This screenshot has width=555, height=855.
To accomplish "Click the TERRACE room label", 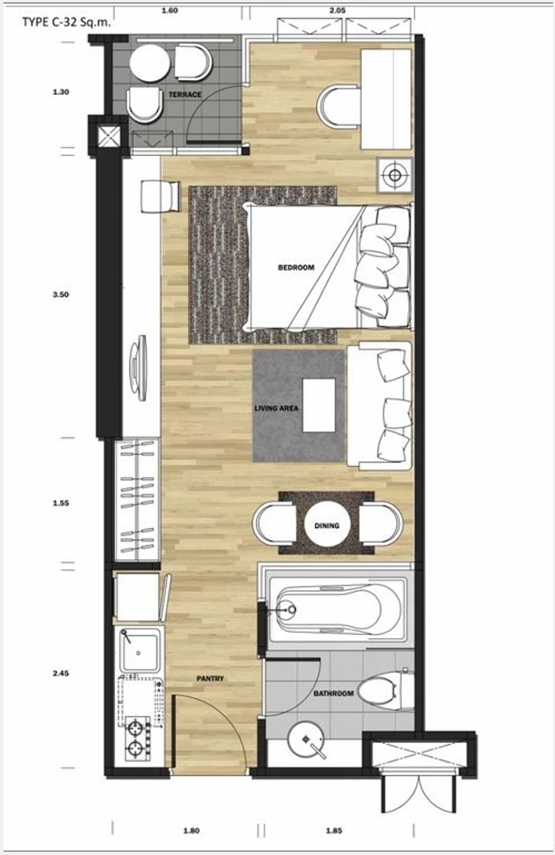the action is tap(185, 94).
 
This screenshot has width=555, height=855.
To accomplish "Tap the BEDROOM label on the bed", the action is tap(296, 267).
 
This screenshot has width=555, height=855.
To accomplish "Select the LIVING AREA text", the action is tap(276, 408).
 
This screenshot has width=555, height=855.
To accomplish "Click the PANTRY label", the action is tap(210, 678).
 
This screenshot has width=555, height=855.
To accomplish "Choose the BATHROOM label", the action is tap(333, 693).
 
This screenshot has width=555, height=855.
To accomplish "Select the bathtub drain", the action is tap(292, 610).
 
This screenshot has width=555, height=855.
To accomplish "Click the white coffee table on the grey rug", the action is tap(319, 405).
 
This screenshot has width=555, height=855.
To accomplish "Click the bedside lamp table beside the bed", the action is tap(395, 176).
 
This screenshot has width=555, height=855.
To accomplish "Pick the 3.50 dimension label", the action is tap(61, 294).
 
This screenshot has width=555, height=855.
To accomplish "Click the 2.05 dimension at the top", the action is tap(337, 10).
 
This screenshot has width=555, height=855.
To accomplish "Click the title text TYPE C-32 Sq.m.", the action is tap(66, 23).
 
